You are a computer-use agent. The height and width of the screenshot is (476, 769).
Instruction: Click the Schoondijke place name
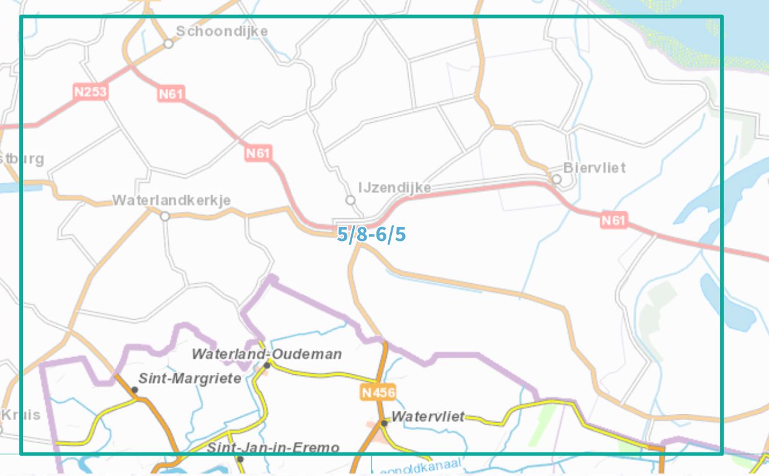[x=221, y=31]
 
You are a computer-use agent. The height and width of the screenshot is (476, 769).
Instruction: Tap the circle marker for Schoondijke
[x=168, y=44]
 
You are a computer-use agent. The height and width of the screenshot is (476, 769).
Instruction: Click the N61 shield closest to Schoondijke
[x=171, y=94]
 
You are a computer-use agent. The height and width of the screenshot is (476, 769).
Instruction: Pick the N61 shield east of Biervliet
[x=614, y=219]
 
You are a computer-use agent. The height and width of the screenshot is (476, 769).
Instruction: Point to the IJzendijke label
[x=394, y=187]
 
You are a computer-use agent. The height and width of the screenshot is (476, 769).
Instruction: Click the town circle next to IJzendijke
[x=350, y=200]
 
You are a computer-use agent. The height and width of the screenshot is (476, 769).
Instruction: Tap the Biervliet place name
[x=594, y=167]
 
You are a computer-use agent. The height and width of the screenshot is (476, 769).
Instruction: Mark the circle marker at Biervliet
[x=556, y=179]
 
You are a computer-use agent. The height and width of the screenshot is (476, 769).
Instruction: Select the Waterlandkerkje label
[x=171, y=200]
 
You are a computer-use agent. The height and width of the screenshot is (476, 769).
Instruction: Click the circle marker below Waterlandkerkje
[x=165, y=216]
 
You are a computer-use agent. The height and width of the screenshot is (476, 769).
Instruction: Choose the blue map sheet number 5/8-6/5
[x=371, y=234]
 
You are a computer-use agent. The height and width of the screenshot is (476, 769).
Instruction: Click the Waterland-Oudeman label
[x=266, y=354]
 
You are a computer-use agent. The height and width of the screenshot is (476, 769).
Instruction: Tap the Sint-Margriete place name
[x=189, y=378]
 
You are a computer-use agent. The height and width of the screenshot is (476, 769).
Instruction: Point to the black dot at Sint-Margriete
[x=135, y=390]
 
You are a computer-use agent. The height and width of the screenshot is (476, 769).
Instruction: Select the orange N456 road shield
[x=378, y=392]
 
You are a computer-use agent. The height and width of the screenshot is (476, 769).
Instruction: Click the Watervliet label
[x=427, y=416]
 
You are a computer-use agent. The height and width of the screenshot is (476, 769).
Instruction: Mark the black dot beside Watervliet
[x=384, y=423]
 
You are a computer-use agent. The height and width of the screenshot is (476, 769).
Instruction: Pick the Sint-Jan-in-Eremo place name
[x=273, y=447]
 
